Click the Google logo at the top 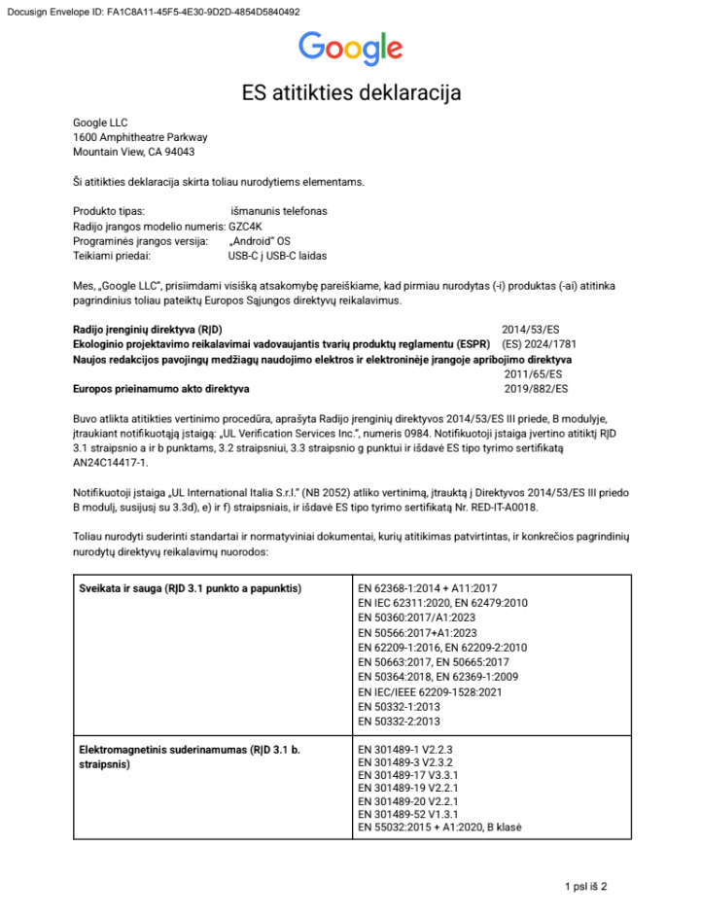coord(350,48)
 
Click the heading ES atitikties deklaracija coord(350,93)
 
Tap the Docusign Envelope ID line coord(150,12)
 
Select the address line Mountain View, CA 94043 coord(133,152)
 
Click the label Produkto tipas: coord(109,211)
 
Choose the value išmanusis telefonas coord(279,211)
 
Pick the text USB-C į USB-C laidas coord(277,256)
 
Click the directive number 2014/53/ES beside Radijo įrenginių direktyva coord(531,331)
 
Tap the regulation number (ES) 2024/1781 coord(539,344)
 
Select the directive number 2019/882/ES coord(536,389)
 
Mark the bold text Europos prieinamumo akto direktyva coord(161,389)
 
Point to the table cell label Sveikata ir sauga coord(190,589)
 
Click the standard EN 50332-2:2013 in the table coord(400,722)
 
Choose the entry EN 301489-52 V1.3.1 coord(408,813)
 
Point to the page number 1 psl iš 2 coord(585,886)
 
